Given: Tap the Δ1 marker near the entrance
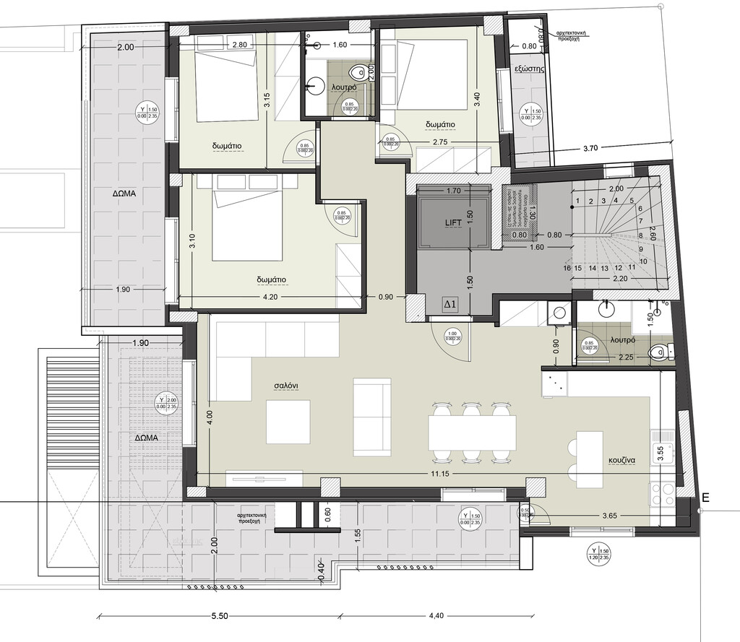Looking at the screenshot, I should pos(449,305).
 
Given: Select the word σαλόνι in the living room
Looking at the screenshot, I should pos(287,386).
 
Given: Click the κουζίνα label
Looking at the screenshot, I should pos(621,459).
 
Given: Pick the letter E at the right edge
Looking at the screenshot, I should pos(705,497).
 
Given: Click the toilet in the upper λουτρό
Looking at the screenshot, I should pos(356,72).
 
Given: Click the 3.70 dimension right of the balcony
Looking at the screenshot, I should pos(590,149).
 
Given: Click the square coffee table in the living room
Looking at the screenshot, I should pos(288,422).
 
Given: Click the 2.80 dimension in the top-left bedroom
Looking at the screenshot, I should pos(241,45).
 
